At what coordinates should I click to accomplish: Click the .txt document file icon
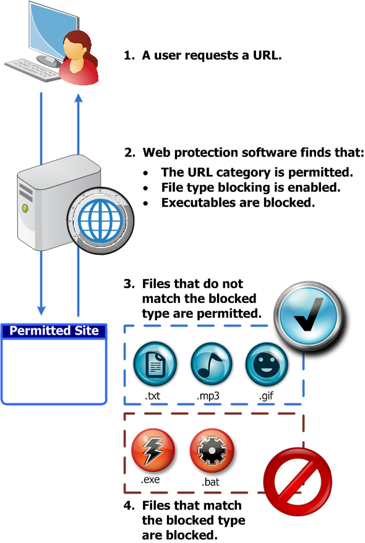(x=155, y=364)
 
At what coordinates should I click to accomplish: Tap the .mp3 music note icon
(x=211, y=364)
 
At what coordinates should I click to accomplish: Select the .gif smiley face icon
(x=267, y=364)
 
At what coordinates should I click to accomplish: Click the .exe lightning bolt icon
(x=153, y=451)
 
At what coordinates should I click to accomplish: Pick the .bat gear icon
(x=212, y=451)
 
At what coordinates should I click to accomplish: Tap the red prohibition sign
(x=298, y=481)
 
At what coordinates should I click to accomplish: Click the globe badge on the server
(x=100, y=220)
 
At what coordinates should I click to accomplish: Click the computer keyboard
(x=33, y=70)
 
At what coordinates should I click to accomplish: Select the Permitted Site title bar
(x=54, y=331)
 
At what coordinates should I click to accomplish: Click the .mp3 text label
(x=208, y=396)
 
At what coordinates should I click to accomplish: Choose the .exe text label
(x=150, y=480)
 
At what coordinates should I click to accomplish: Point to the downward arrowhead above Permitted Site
(x=41, y=310)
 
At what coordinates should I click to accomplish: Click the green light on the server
(x=25, y=208)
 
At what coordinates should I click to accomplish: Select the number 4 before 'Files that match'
(x=128, y=505)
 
